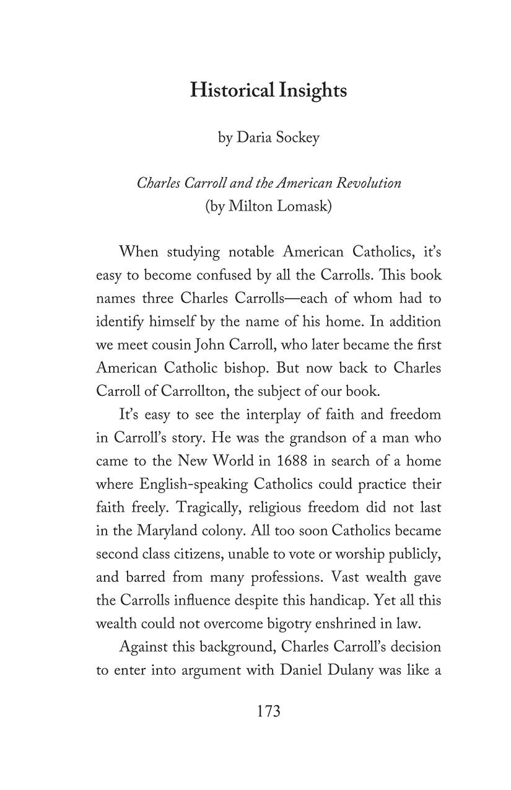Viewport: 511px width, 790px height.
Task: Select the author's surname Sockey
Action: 293,137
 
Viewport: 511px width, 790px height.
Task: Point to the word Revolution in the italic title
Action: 369,183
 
